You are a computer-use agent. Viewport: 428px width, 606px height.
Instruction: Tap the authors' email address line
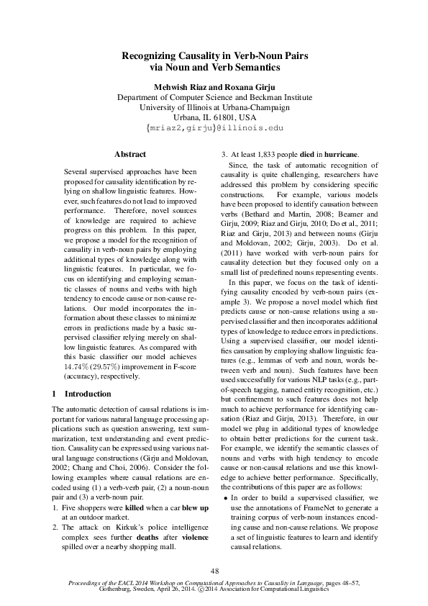pyautogui.click(x=214, y=128)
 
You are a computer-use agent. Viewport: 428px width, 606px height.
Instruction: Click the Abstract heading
pyautogui.click(x=130, y=154)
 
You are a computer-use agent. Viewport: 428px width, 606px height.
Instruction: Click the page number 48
pyautogui.click(x=214, y=570)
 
